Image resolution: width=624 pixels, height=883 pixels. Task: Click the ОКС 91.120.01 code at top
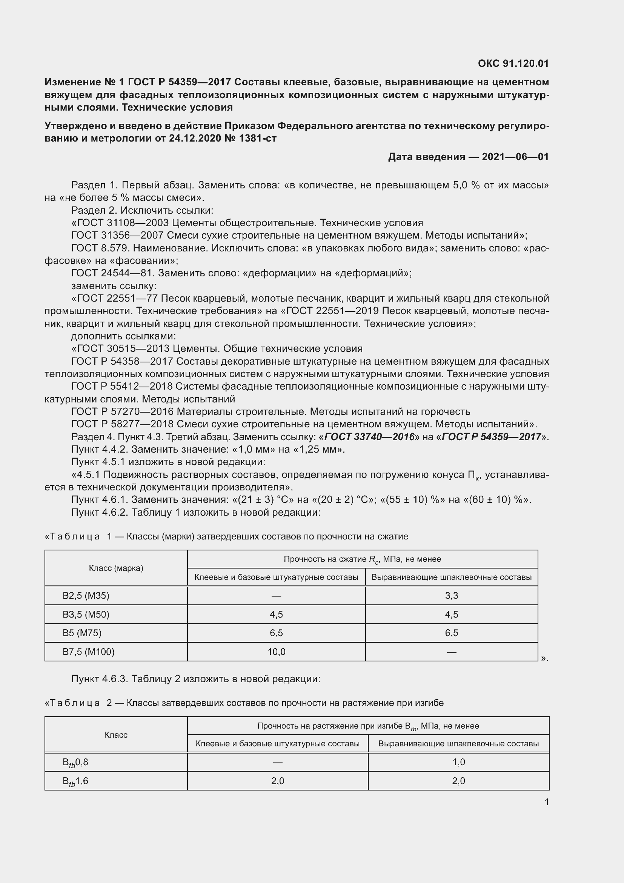pos(513,63)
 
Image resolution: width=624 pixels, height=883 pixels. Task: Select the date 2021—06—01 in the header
pos(515,157)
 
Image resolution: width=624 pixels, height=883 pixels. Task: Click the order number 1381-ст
pos(257,139)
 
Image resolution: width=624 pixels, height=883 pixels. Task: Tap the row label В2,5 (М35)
pos(86,596)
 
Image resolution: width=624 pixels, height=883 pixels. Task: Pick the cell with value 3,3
pos(451,596)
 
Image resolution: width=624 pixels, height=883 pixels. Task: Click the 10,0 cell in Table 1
pos(276,652)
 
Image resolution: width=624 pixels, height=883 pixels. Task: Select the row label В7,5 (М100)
pos(89,652)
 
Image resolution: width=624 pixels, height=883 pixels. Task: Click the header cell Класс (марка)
pos(116,568)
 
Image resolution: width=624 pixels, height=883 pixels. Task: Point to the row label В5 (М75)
pos(82,633)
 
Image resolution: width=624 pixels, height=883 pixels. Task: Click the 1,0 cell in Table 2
pos(458,762)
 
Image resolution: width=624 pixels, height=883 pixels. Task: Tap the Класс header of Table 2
pos(116,735)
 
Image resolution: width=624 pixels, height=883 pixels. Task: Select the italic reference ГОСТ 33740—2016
pos(369,437)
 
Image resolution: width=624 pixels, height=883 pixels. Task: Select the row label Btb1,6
pos(76,781)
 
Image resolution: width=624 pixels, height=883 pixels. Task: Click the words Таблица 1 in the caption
pos(78,536)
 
